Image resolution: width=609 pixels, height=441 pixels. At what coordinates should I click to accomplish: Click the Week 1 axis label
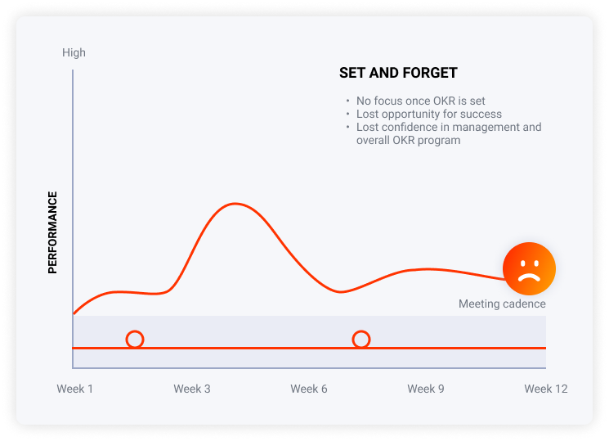click(75, 389)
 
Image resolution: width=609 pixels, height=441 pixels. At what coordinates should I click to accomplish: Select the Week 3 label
click(192, 389)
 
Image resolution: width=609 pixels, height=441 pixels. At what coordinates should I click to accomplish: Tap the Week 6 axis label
click(309, 389)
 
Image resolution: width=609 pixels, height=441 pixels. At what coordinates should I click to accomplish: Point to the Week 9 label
click(426, 389)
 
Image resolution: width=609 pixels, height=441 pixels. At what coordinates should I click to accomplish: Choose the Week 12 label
click(546, 389)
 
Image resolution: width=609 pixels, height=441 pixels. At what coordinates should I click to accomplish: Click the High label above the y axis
click(74, 52)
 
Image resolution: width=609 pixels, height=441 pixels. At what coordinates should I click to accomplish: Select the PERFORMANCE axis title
click(52, 232)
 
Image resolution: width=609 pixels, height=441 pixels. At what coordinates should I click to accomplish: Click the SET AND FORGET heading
click(398, 73)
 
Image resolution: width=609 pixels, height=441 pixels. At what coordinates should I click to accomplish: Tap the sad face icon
click(529, 268)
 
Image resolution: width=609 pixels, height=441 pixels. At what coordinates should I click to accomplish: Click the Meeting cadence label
click(502, 304)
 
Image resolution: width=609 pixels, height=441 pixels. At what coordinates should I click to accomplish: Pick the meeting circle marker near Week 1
click(135, 339)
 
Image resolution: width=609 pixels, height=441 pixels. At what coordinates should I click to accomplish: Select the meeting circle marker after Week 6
click(361, 339)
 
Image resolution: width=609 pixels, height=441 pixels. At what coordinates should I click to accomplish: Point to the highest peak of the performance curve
click(235, 204)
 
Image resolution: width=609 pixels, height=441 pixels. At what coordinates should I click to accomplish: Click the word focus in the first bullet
click(387, 101)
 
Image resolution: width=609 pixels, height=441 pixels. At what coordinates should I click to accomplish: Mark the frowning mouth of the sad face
click(529, 277)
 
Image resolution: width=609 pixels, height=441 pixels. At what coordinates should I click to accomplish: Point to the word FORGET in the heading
click(430, 73)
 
